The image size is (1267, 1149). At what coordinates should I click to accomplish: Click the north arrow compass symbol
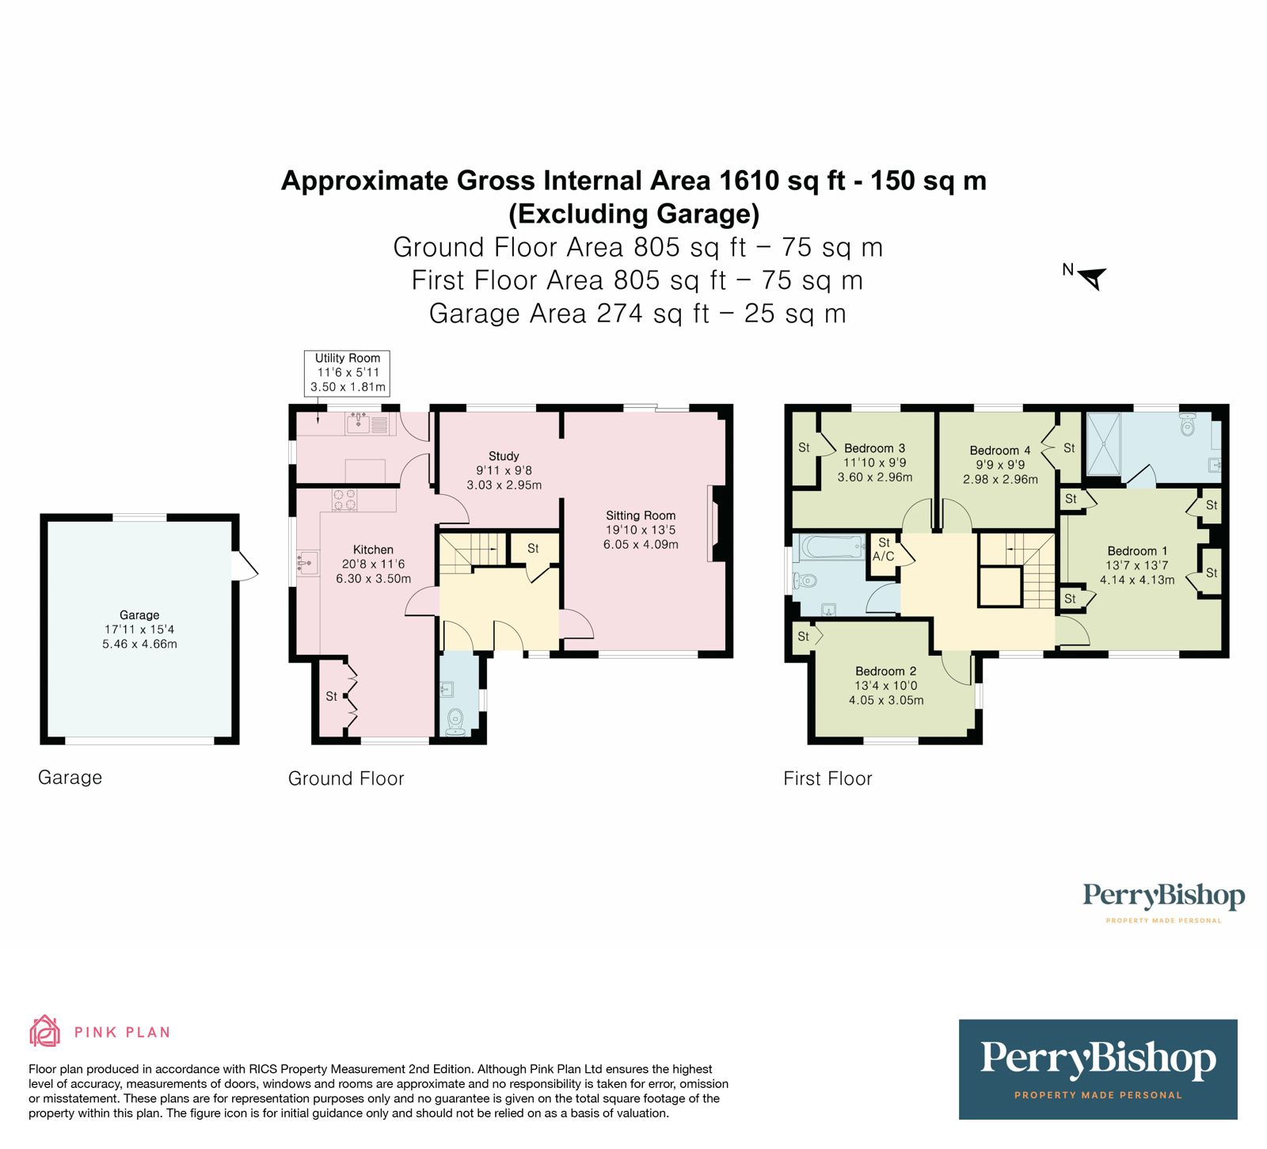coord(1093,278)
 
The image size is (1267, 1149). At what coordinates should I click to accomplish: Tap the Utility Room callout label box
coord(347,373)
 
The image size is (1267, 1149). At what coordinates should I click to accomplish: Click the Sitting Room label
coord(641,516)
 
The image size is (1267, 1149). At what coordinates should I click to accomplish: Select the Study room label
coord(504,456)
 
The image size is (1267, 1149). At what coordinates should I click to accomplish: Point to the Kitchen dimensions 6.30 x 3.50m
coord(374,579)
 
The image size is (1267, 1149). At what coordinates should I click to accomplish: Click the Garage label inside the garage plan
coord(139,615)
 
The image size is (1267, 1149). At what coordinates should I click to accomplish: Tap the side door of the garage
coord(245,565)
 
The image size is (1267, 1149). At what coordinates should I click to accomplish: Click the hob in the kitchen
coord(344,500)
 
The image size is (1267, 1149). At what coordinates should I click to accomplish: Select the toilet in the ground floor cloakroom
coord(455,721)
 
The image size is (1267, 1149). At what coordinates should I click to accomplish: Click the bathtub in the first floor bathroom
coord(831,547)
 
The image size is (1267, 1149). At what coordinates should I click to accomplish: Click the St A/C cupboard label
coord(884,550)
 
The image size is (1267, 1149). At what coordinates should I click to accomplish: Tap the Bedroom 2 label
coord(885,672)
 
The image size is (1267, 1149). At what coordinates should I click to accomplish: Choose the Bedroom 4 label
coord(999,451)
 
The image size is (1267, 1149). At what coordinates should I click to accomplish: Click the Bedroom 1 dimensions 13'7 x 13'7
coord(1136,565)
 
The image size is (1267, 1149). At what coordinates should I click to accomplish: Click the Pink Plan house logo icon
coord(45,1031)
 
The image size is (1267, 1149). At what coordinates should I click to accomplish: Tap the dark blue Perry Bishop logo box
coord(1098,1069)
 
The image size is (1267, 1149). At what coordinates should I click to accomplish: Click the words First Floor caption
coord(828,779)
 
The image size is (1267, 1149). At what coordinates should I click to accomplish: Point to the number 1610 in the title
coord(749,181)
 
